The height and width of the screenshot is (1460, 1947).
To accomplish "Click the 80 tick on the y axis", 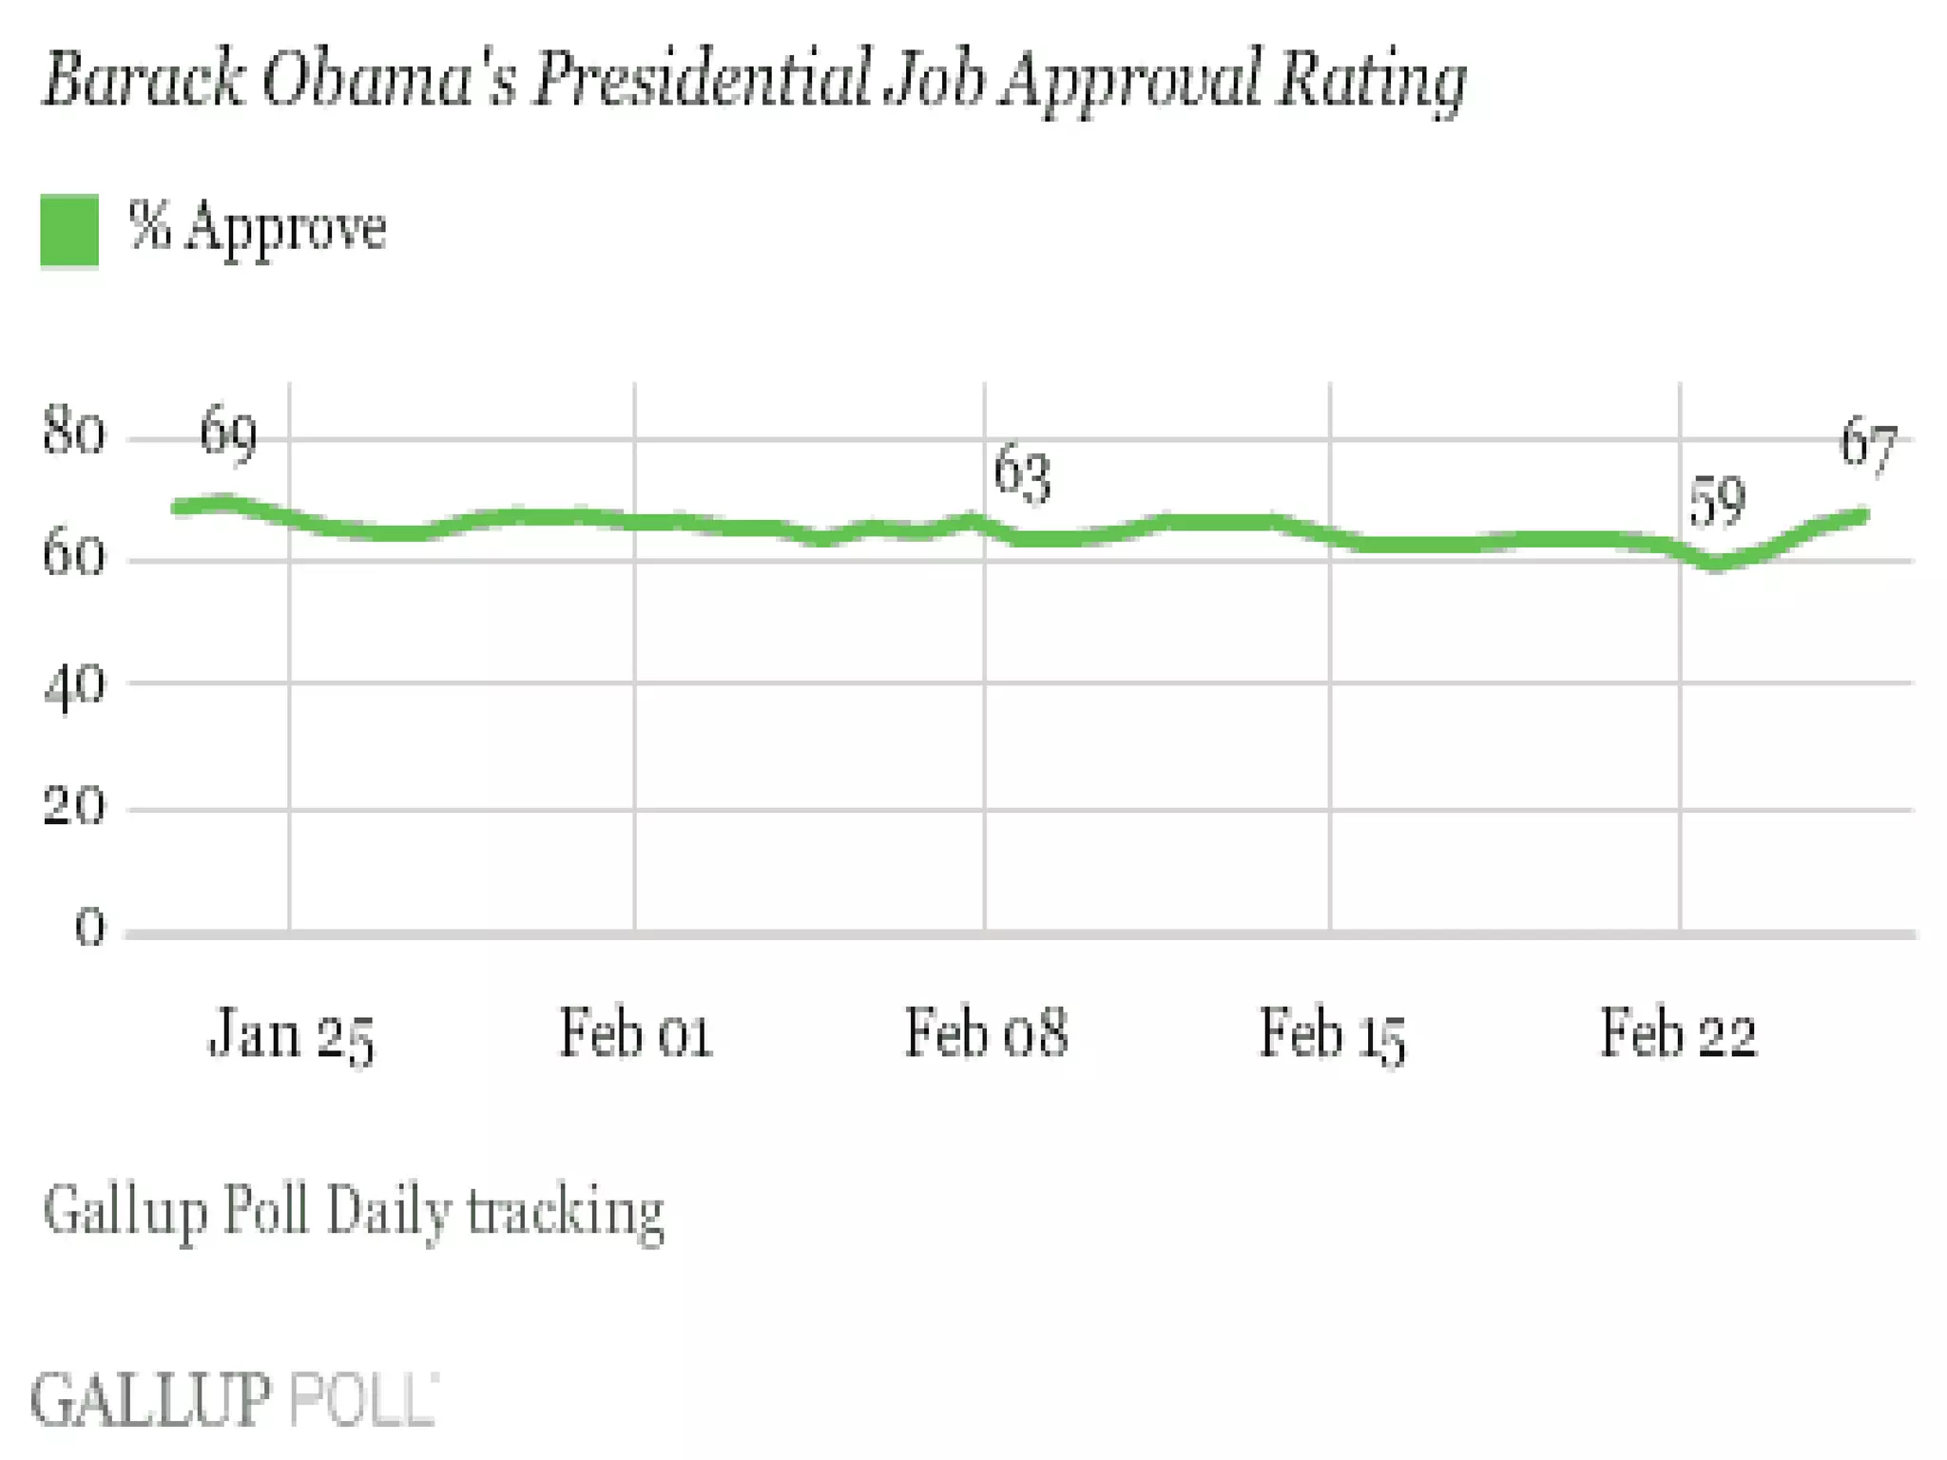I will tap(73, 433).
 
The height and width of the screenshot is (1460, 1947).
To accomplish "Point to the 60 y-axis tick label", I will tap(73, 555).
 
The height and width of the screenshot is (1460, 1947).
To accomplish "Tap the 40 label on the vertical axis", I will tap(73, 683).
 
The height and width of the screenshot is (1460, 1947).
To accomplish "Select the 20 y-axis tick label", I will tap(73, 807).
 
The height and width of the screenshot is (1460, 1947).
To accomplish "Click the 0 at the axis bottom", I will tap(89, 927).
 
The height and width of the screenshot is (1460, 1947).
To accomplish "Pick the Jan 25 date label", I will tap(291, 1034).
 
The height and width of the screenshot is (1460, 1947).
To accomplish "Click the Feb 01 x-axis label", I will tap(635, 1033).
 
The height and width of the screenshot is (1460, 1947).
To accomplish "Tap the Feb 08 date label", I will tap(986, 1033).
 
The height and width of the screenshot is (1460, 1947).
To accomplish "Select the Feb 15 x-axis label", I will tap(1332, 1034).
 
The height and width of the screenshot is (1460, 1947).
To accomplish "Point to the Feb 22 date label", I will tap(1679, 1033).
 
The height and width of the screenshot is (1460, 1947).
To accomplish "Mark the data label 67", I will tap(1868, 444).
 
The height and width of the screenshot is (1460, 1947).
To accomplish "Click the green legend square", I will tap(69, 229).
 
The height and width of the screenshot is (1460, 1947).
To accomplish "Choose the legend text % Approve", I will tap(258, 229).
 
